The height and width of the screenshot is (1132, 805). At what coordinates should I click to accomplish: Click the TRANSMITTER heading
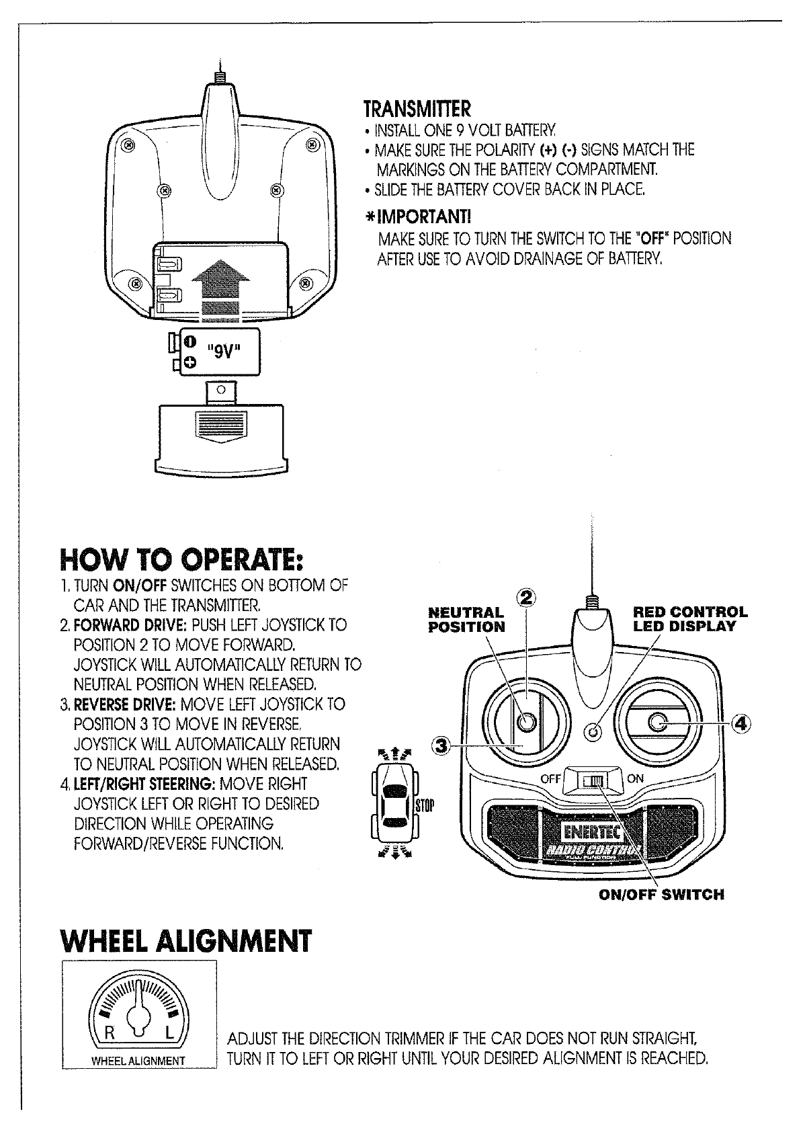tap(417, 109)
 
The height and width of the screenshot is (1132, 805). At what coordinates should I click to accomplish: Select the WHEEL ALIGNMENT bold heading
tap(186, 941)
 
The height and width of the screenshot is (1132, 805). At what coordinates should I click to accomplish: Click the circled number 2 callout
tap(528, 598)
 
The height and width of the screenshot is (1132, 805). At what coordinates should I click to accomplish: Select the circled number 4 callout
tap(740, 723)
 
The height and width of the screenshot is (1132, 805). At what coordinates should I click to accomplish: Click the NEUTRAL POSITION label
tap(466, 620)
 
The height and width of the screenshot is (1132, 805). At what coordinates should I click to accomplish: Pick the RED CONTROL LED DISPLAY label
tap(690, 619)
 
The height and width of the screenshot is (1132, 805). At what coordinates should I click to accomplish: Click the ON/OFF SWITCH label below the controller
tap(662, 895)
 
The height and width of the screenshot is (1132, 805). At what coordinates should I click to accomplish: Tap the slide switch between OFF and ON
tap(595, 780)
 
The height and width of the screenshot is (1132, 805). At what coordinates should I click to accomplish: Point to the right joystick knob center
tap(657, 722)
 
